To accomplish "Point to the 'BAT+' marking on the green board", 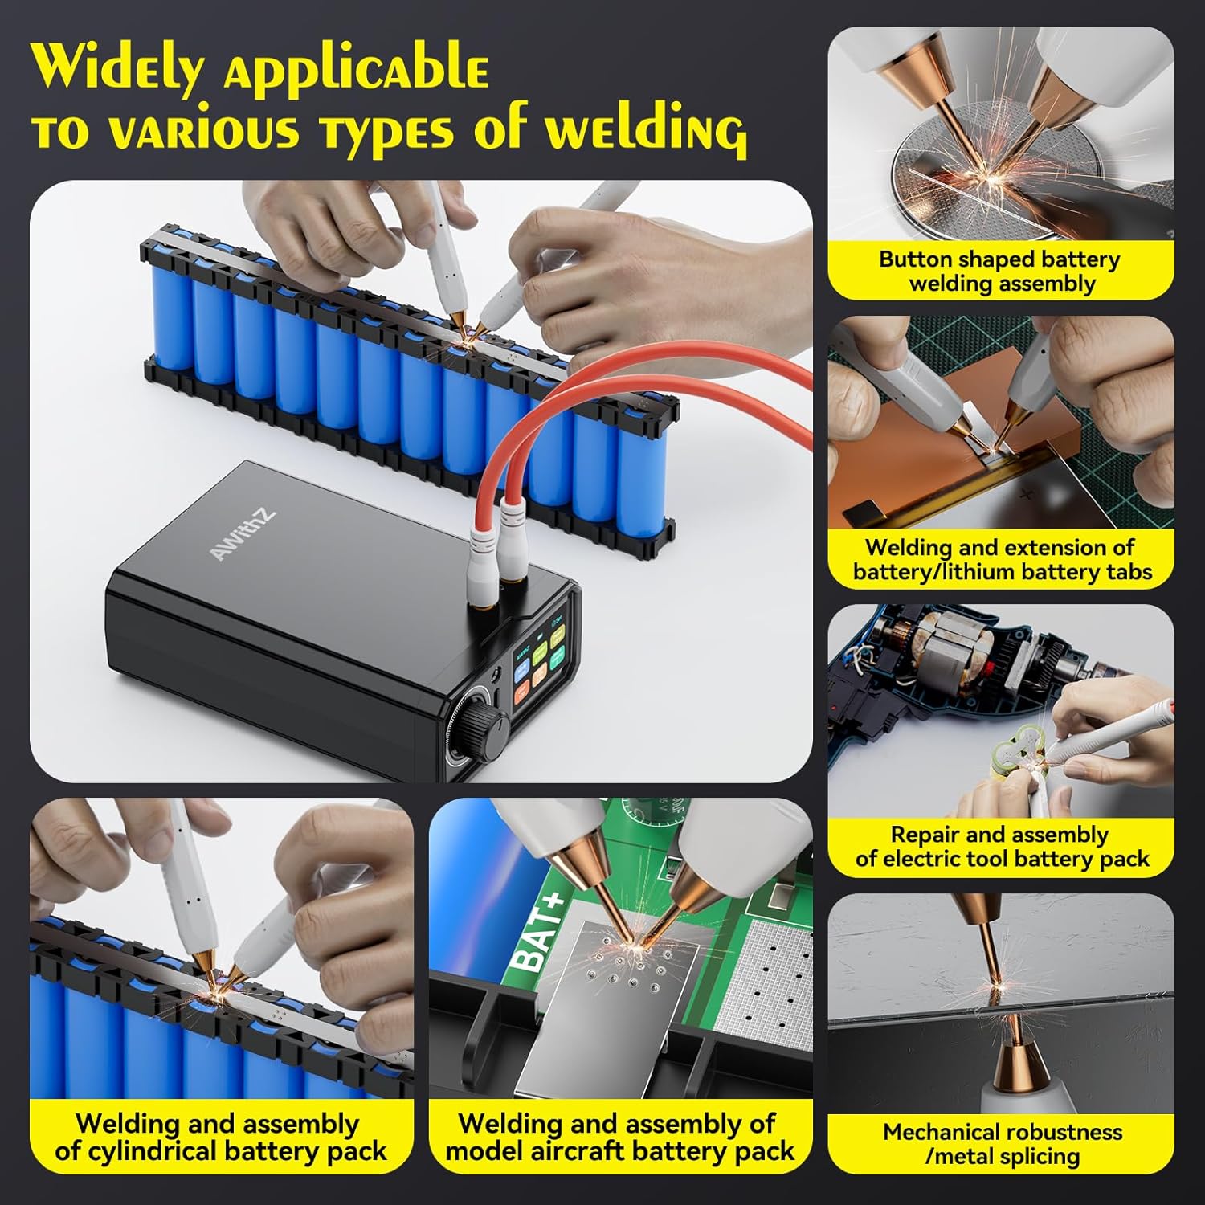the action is click(535, 933).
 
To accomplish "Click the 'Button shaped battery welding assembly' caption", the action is click(1001, 272).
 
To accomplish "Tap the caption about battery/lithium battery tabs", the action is click(1001, 560).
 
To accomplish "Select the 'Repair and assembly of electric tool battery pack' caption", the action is click(1001, 847).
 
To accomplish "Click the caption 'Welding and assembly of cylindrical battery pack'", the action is click(221, 1137).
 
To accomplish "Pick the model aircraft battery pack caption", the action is click(620, 1137).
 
